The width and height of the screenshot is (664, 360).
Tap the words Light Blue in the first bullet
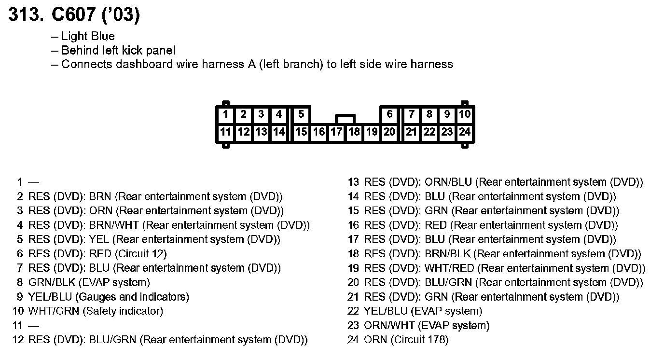coord(88,36)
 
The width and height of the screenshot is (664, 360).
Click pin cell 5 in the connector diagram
coord(301,115)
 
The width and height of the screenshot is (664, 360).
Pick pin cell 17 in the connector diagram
coord(336,132)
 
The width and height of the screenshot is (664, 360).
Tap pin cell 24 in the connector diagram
coord(464,132)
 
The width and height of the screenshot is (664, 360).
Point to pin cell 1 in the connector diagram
coord(226,115)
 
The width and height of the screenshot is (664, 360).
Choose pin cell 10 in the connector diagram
coord(464,115)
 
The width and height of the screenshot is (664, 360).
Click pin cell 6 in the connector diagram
coord(389,115)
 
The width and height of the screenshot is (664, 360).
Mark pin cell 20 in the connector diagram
coord(389,132)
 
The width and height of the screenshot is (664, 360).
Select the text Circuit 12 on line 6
coord(141,254)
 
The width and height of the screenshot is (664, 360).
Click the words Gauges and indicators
coord(132,297)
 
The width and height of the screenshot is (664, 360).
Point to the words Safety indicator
coord(123,311)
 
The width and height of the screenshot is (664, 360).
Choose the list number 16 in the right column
coord(353,225)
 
